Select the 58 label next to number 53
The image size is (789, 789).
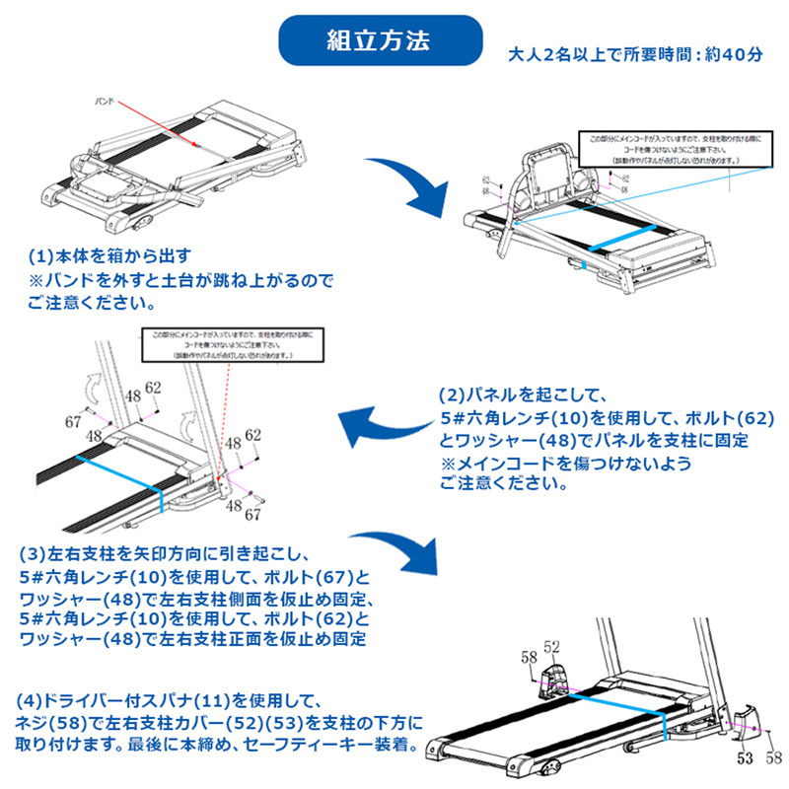(x=770, y=758)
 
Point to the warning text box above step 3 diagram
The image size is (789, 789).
(x=229, y=345)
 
